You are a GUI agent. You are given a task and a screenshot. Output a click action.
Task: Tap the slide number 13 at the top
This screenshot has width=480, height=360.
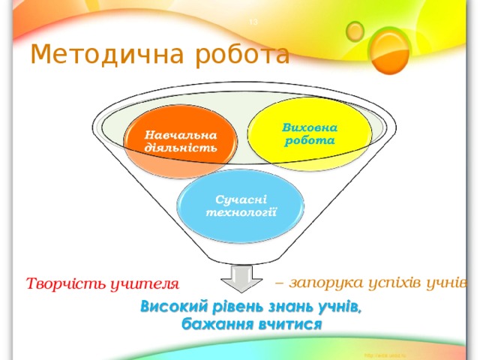coord(253,22)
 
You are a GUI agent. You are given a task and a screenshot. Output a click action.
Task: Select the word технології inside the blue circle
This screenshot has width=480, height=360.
coord(241,212)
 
